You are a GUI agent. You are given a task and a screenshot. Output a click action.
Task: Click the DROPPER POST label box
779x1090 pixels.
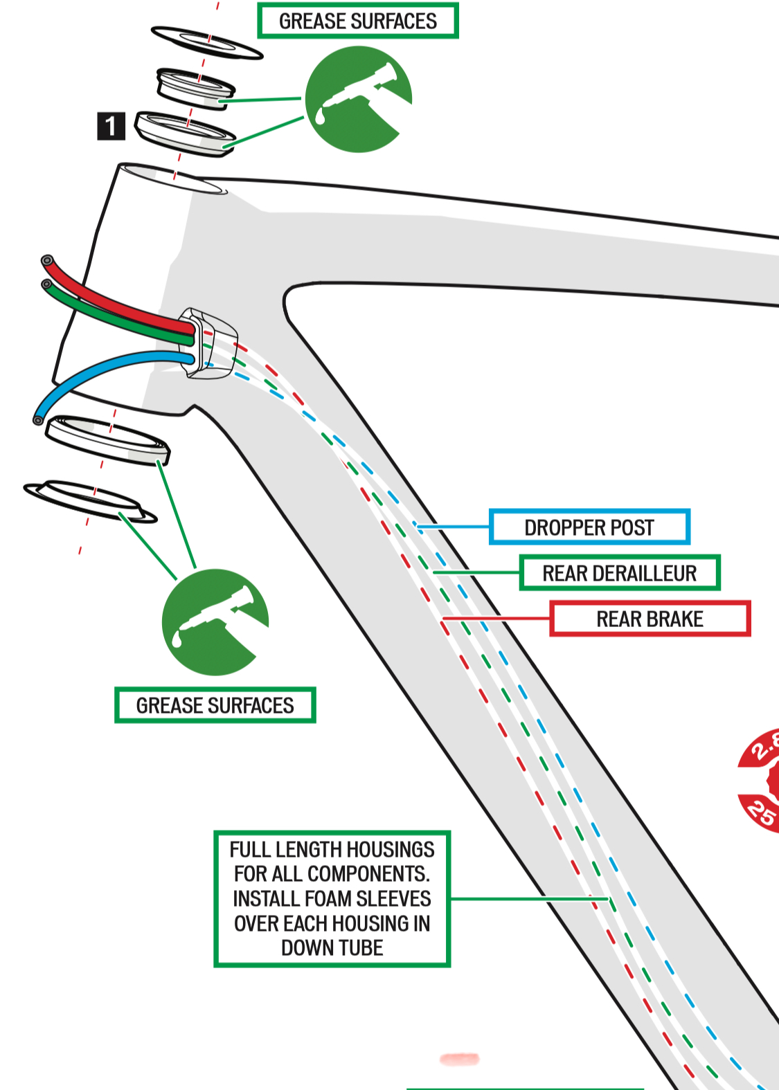589,527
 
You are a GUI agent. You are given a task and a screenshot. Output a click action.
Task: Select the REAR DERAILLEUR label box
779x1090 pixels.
620,573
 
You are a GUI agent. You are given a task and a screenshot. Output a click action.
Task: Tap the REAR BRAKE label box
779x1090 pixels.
650,619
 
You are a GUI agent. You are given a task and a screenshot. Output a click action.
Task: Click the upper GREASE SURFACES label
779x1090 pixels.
358,21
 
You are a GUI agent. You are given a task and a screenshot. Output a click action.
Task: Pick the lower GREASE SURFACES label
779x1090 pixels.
215,705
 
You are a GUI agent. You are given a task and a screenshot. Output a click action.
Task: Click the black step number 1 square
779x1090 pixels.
111,126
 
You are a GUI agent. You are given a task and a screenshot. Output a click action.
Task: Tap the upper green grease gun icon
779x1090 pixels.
358,99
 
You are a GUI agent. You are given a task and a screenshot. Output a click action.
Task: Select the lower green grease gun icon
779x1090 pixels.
215,622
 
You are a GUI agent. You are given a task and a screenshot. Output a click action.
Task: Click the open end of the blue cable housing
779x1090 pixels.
38,419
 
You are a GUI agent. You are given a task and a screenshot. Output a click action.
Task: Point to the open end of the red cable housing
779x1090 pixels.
47,262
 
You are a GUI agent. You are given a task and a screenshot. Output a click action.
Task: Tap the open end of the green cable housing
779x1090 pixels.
46,284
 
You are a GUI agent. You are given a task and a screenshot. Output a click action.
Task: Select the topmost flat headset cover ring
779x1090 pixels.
206,43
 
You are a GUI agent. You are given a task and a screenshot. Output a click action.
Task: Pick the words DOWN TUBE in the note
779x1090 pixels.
332,947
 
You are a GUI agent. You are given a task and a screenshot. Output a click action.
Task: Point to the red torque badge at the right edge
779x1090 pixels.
762,781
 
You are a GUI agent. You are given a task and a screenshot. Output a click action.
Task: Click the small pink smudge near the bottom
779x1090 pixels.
459,1059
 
